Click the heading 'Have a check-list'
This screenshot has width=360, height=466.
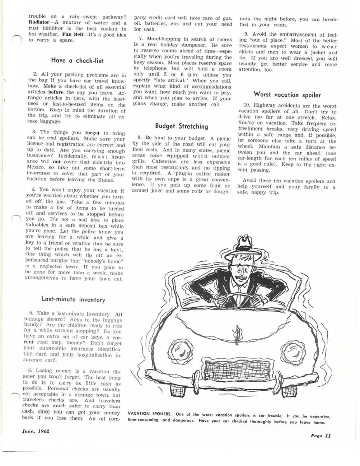point(77,60)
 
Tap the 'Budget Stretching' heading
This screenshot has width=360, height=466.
point(181,126)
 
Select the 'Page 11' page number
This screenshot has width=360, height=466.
point(320,435)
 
